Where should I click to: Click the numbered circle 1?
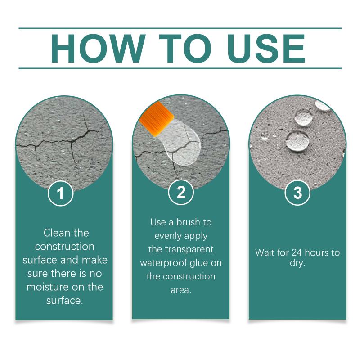tap(61, 193)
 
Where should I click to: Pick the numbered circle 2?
tap(181, 193)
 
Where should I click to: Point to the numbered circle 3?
tap(297, 193)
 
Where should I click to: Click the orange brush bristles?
tap(157, 119)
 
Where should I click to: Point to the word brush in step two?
tap(188, 222)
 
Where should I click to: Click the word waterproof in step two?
tap(164, 263)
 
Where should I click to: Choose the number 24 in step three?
tap(297, 253)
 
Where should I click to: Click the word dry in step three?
tap(297, 263)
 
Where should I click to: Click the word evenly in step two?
tap(166, 236)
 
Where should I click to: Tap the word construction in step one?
tap(65, 247)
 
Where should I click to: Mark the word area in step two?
tap(181, 290)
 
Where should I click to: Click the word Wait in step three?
tap(264, 253)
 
